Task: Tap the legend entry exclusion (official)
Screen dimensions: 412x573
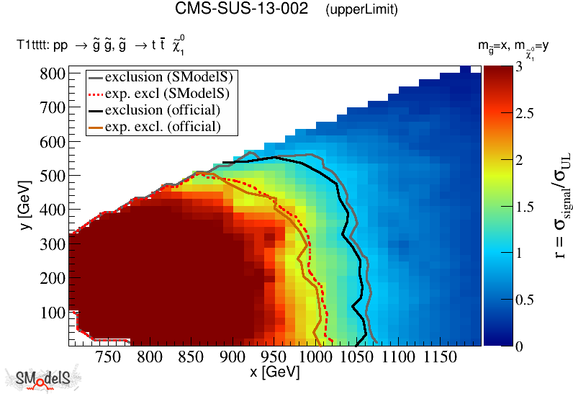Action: [162, 109]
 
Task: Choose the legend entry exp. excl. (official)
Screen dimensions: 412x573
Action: [162, 126]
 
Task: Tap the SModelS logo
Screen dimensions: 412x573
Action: [43, 380]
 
